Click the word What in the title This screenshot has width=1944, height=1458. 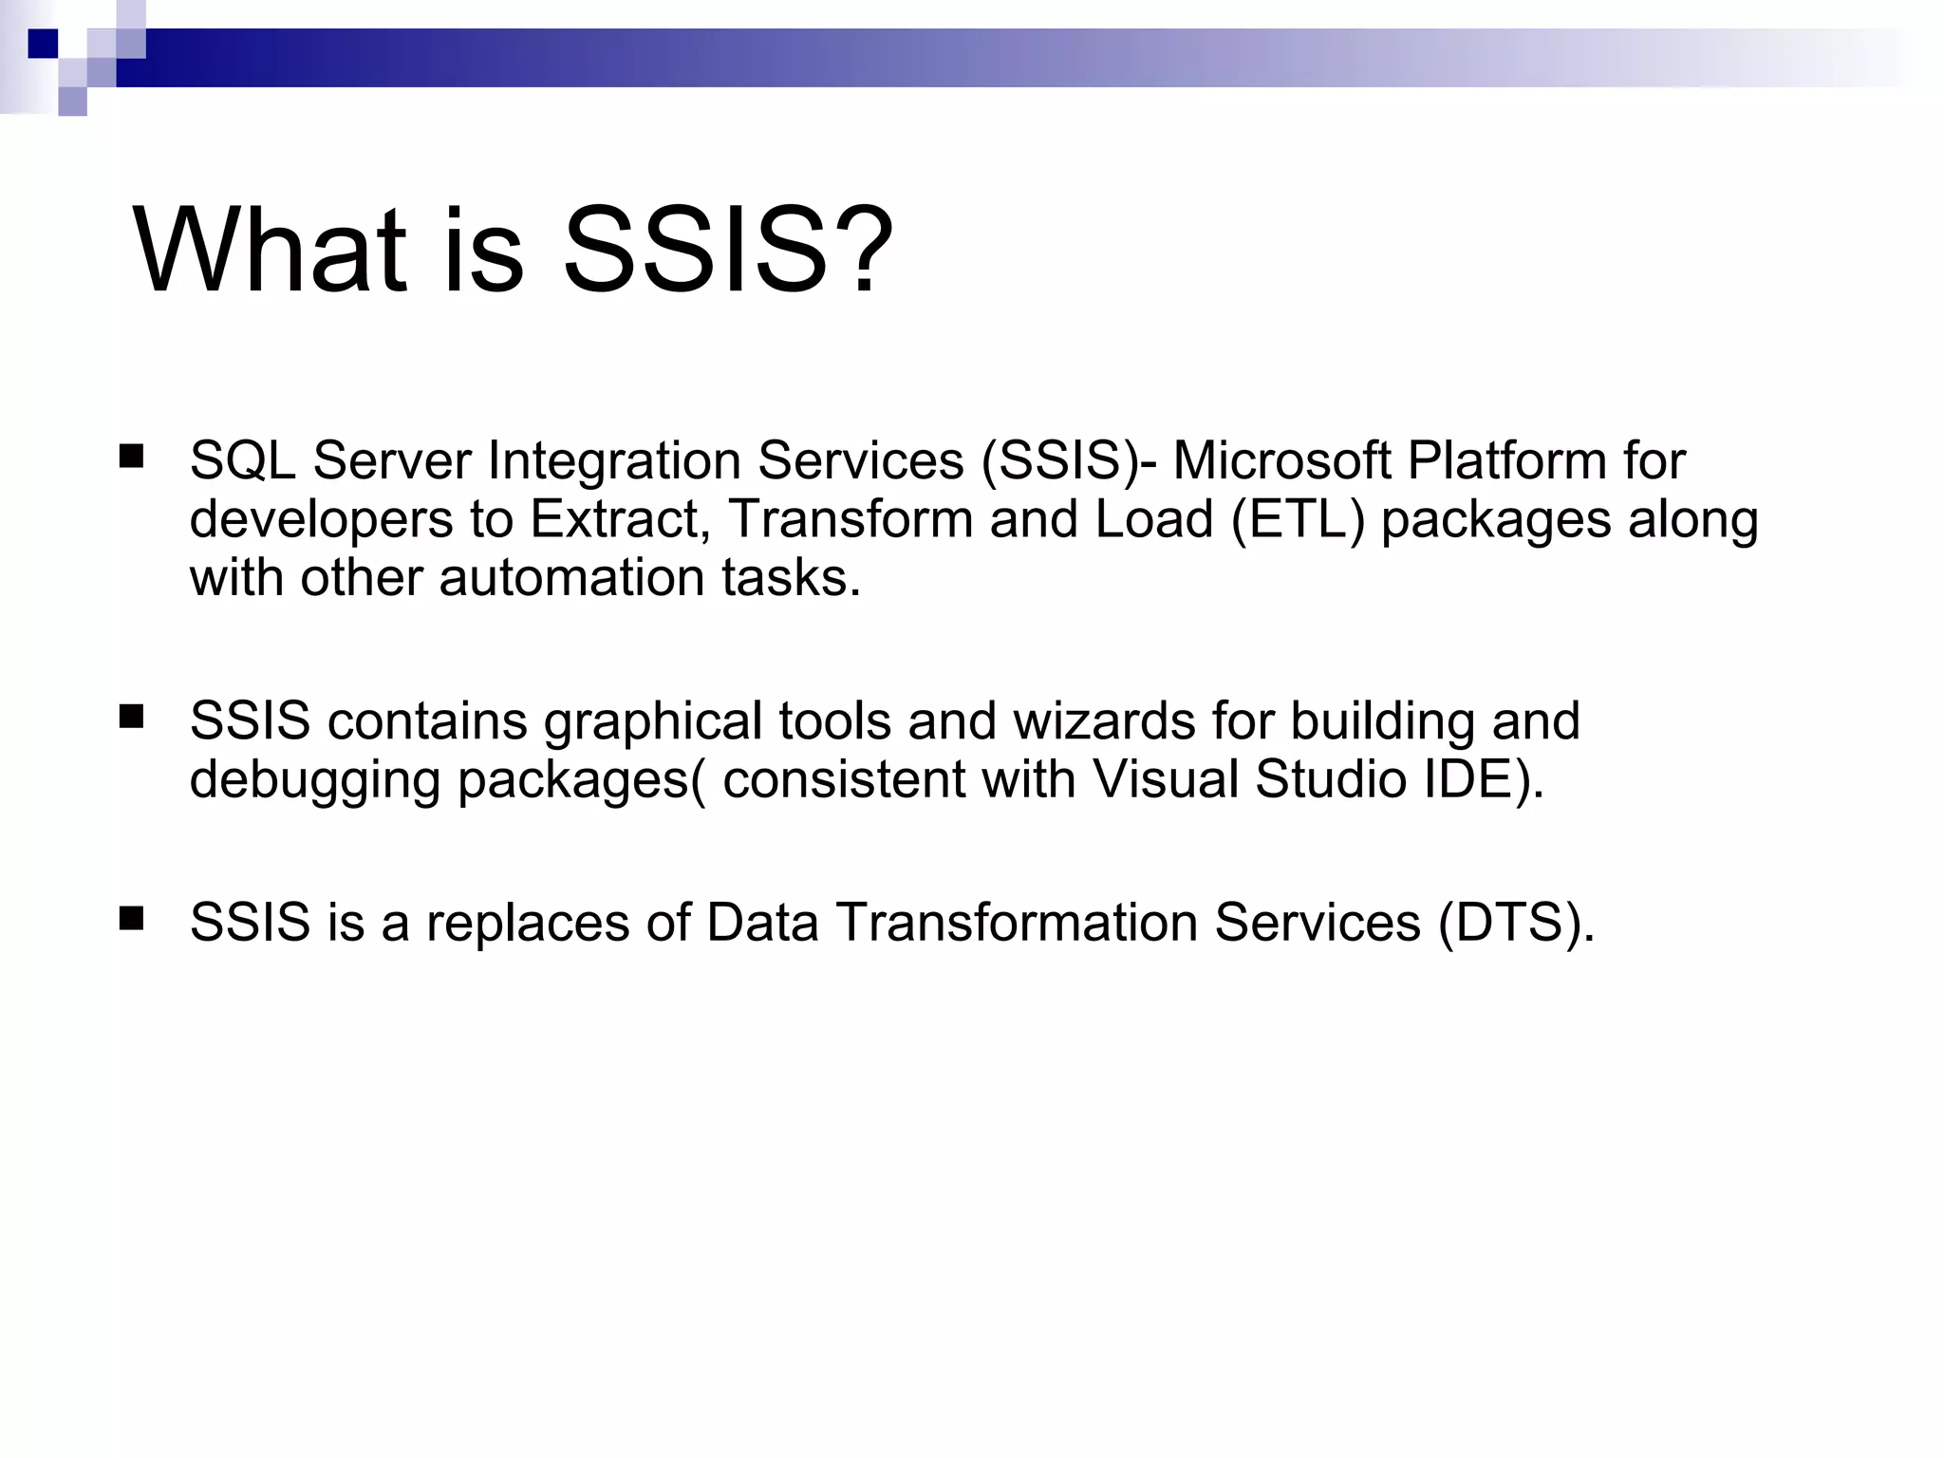point(270,252)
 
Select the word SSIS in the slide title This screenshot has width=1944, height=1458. point(695,252)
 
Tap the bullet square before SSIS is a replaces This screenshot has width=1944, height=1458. point(131,918)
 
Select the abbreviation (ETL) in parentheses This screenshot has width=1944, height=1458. point(1298,520)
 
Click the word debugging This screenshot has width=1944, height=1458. point(314,781)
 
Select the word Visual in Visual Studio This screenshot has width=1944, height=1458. point(1166,779)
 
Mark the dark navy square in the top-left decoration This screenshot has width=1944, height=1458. point(43,43)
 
